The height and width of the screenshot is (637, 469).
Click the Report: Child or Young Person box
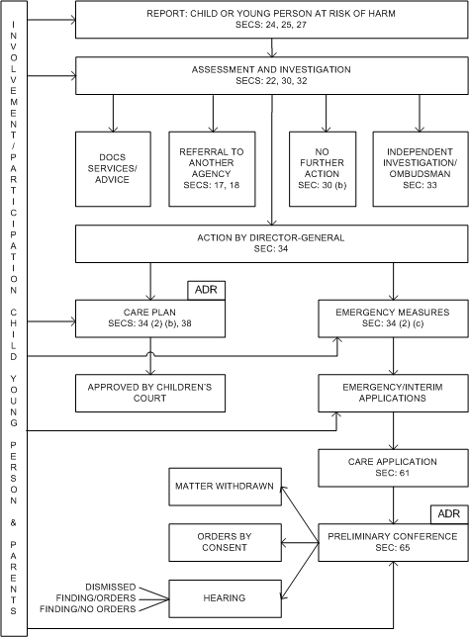coord(271,20)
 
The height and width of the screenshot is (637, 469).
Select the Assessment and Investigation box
coord(271,75)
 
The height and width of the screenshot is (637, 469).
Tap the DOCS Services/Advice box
coord(113,169)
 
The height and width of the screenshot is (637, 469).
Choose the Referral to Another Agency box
coord(212,169)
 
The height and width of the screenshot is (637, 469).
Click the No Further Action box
coord(323,169)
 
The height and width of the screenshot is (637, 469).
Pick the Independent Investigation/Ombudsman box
coord(421,169)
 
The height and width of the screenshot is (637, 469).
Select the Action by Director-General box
coord(271,243)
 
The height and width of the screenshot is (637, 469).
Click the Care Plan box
coord(150,318)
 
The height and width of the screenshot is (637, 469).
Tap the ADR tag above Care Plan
coord(206,291)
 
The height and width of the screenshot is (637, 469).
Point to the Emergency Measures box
coord(393,318)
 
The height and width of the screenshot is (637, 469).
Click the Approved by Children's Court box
coord(150,394)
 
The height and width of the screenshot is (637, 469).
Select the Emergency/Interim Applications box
coord(393,394)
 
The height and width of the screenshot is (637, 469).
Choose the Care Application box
coord(393,468)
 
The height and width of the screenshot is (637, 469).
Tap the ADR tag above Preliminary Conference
coord(449,514)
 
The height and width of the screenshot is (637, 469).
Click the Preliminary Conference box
coord(393,543)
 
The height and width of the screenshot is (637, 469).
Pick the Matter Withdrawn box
coord(226,487)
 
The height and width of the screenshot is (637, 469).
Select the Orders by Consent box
coord(226,543)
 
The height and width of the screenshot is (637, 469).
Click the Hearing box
coord(226,598)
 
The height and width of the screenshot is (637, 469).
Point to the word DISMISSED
coord(111,587)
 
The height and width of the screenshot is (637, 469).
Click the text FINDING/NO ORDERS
coord(88,609)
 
